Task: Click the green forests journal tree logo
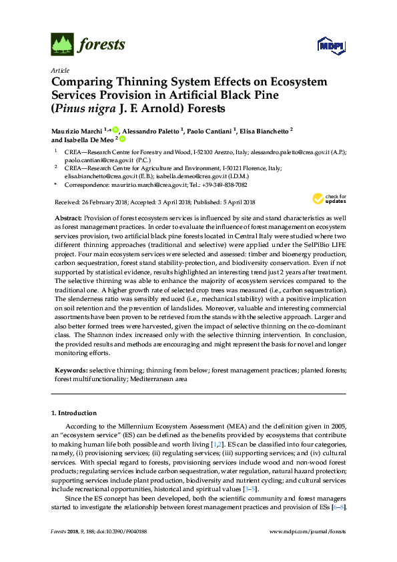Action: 62,45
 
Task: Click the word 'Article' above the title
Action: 59,70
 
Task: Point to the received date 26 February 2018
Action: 103,202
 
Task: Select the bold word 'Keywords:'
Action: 69,370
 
